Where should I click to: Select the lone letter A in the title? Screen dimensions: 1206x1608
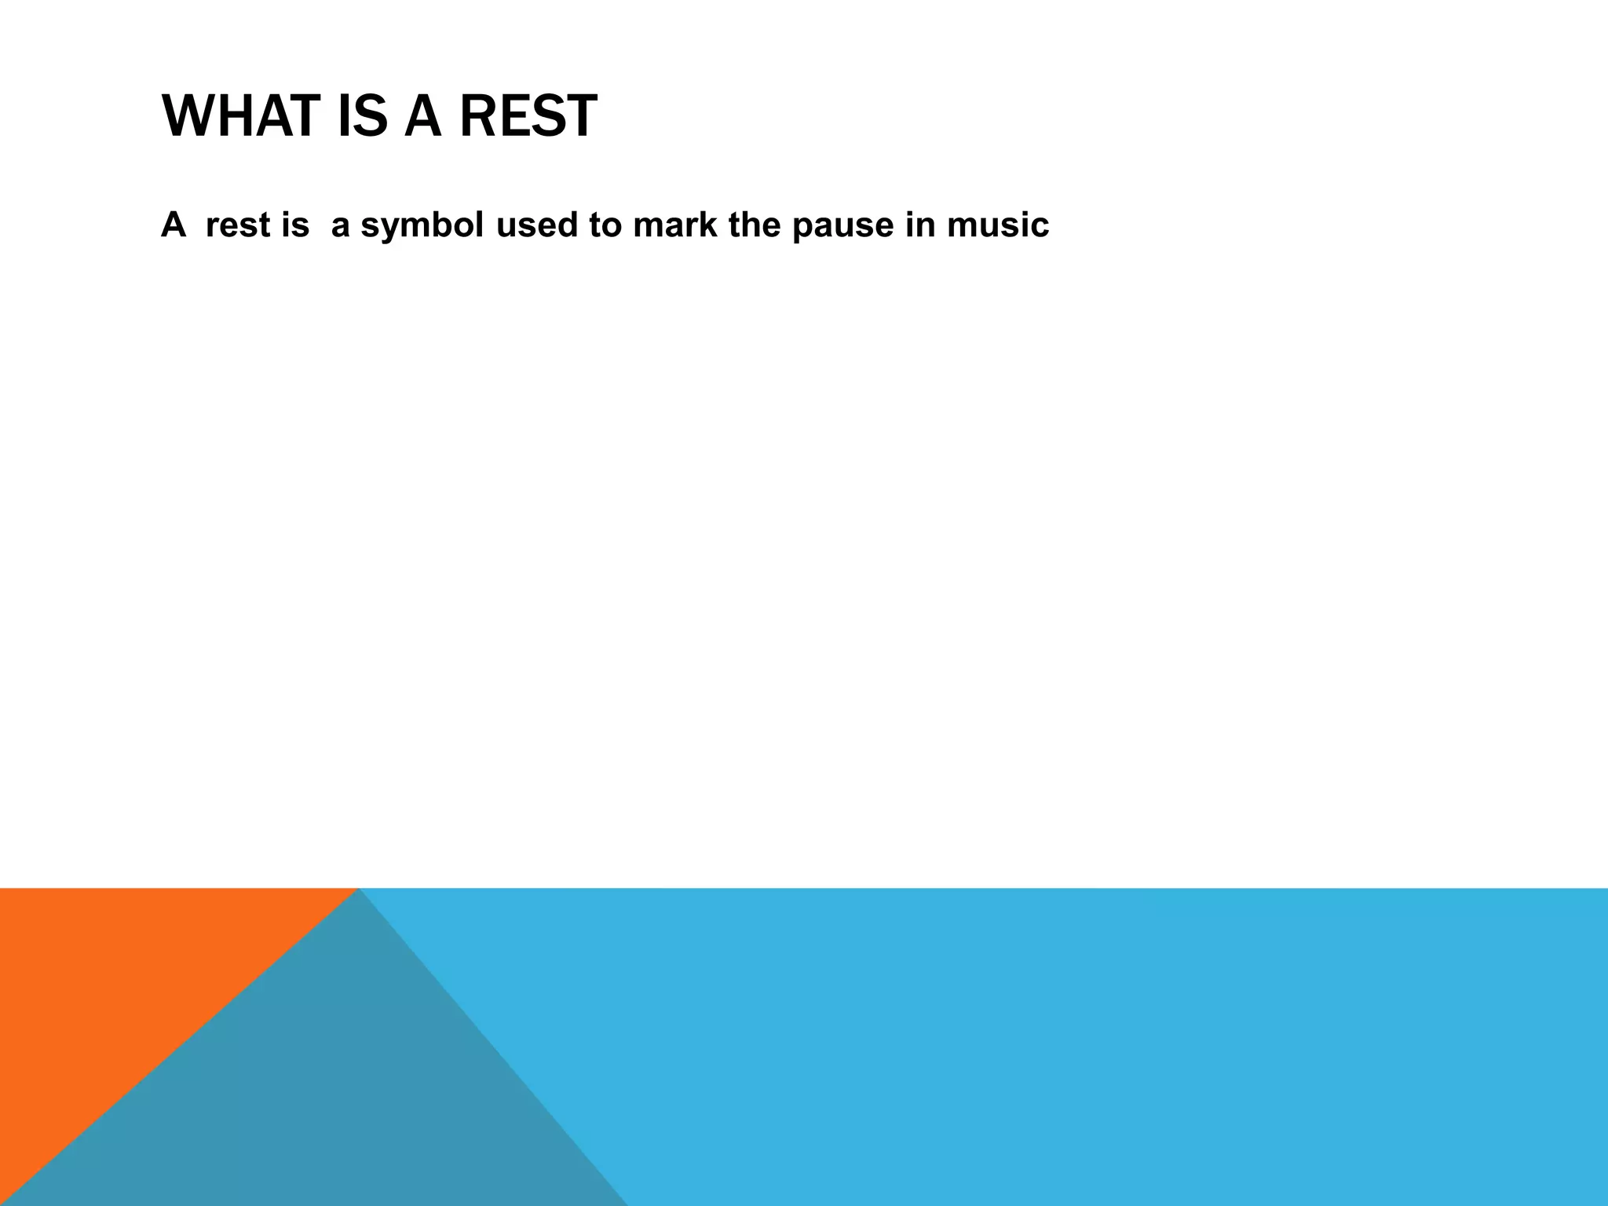423,117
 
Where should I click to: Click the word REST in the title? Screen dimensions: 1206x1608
528,117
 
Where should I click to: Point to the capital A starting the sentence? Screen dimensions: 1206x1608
174,225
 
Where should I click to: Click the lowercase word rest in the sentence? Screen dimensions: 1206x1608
238,225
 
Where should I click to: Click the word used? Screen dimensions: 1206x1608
537,225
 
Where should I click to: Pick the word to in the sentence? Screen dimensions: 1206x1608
605,225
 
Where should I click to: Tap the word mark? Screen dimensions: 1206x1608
675,225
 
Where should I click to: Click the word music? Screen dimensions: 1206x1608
998,225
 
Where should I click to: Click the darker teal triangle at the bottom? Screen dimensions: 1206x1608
330,1099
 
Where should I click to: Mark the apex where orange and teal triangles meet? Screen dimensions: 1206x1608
358,890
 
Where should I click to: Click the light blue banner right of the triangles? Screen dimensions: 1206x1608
1099,1044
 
